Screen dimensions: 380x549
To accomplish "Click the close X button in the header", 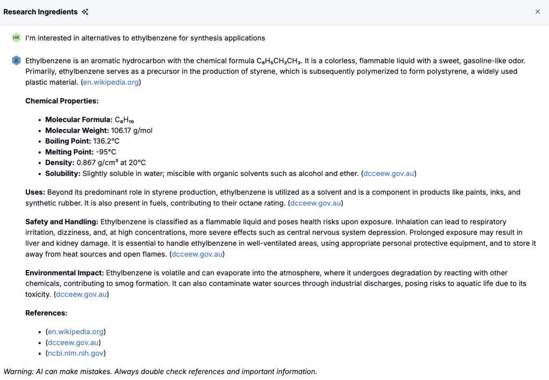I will tap(538, 12).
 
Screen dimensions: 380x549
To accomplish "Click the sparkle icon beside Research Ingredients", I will tap(85, 12).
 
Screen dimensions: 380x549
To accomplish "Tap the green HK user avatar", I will tap(16, 38).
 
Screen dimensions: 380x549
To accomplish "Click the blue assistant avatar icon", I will tap(16, 61).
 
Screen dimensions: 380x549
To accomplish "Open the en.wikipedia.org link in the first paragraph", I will tap(111, 82).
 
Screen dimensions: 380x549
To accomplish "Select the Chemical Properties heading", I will tap(62, 101).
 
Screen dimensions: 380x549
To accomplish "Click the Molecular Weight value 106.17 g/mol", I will tap(131, 130).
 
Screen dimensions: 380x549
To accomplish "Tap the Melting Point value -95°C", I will tap(106, 152).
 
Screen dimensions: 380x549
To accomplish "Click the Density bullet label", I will tap(60, 163).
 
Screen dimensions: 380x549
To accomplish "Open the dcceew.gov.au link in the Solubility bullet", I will tap(389, 173).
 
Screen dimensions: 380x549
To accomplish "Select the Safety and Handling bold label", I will tap(62, 222).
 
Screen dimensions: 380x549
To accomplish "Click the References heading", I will tap(46, 313).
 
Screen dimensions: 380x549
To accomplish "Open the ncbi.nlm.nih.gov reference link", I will tap(76, 353).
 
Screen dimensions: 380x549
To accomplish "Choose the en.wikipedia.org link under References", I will tap(76, 332).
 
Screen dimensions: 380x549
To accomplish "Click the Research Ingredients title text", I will tap(40, 12).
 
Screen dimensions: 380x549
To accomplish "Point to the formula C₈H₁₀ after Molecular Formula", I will tap(124, 120).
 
